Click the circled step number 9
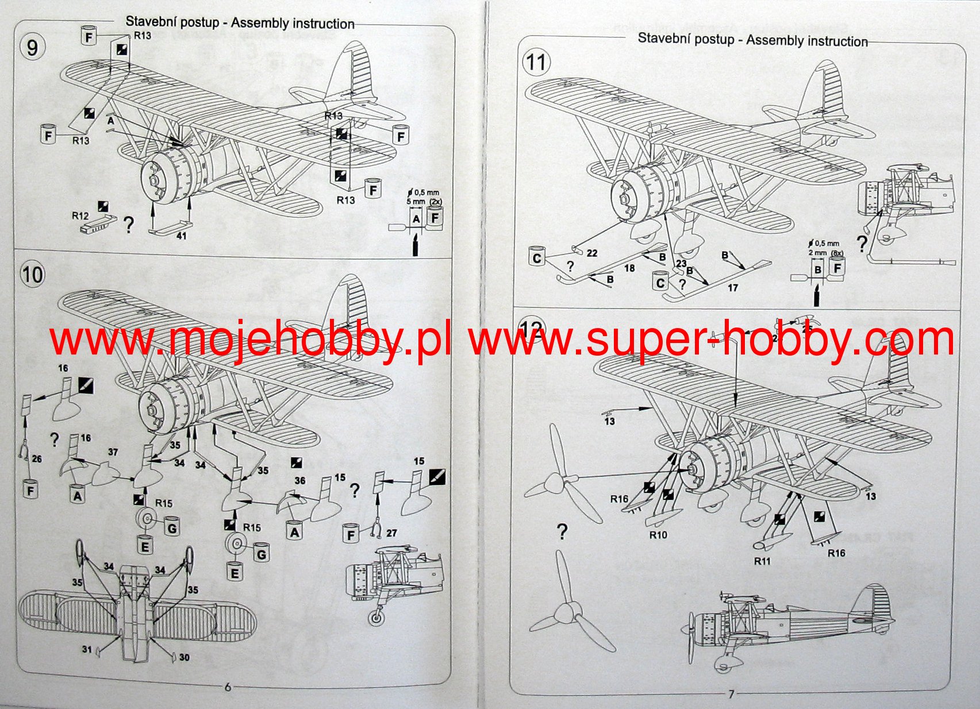(32, 47)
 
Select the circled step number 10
(32, 274)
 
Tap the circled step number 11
(536, 61)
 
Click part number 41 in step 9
(181, 236)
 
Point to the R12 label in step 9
(80, 216)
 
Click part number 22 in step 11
(592, 253)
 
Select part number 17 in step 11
(732, 287)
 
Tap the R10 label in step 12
(658, 535)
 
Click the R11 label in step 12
(762, 561)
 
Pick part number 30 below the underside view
(184, 657)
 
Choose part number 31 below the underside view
(87, 650)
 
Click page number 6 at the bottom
(228, 687)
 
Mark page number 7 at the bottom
(731, 694)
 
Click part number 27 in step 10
(391, 533)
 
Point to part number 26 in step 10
(37, 459)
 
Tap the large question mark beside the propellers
(562, 531)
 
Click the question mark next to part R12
(129, 225)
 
